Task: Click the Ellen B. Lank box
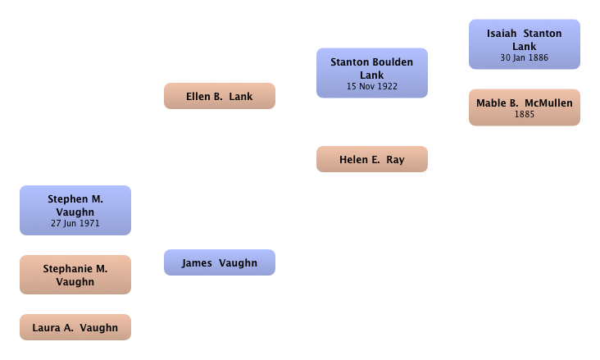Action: pyautogui.click(x=220, y=96)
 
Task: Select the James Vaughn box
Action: pyautogui.click(x=220, y=262)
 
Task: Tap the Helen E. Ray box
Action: pyautogui.click(x=372, y=159)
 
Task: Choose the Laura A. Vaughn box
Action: pyautogui.click(x=75, y=327)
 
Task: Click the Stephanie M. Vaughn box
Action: pyautogui.click(x=75, y=275)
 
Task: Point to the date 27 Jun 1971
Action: pyautogui.click(x=75, y=223)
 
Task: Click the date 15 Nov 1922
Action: pyautogui.click(x=372, y=87)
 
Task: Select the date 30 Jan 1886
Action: pyautogui.click(x=525, y=58)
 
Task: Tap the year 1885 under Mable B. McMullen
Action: pyautogui.click(x=525, y=114)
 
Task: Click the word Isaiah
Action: pyautogui.click(x=502, y=34)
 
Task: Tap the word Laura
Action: pyautogui.click(x=46, y=328)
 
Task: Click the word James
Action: pyautogui.click(x=197, y=263)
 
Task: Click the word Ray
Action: pyautogui.click(x=395, y=160)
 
